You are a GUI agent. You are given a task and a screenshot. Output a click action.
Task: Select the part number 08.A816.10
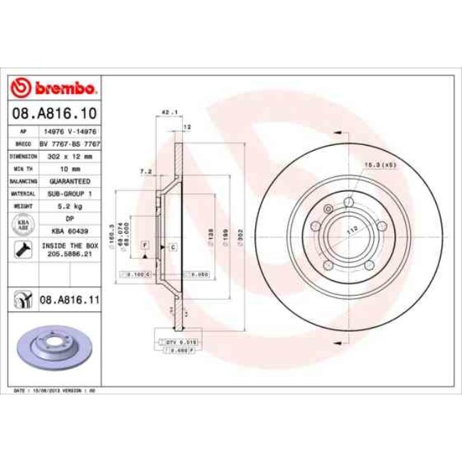point(54,112)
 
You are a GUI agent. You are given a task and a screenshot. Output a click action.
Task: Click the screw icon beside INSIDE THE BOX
point(21,249)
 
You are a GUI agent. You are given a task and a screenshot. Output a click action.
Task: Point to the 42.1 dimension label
point(168,112)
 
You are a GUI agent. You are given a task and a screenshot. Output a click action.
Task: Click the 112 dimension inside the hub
point(350,230)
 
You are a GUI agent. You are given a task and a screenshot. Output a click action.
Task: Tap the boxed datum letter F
point(145,245)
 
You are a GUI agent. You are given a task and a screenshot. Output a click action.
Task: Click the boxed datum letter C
point(173,246)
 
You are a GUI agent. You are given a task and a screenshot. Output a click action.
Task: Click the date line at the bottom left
point(55,391)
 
